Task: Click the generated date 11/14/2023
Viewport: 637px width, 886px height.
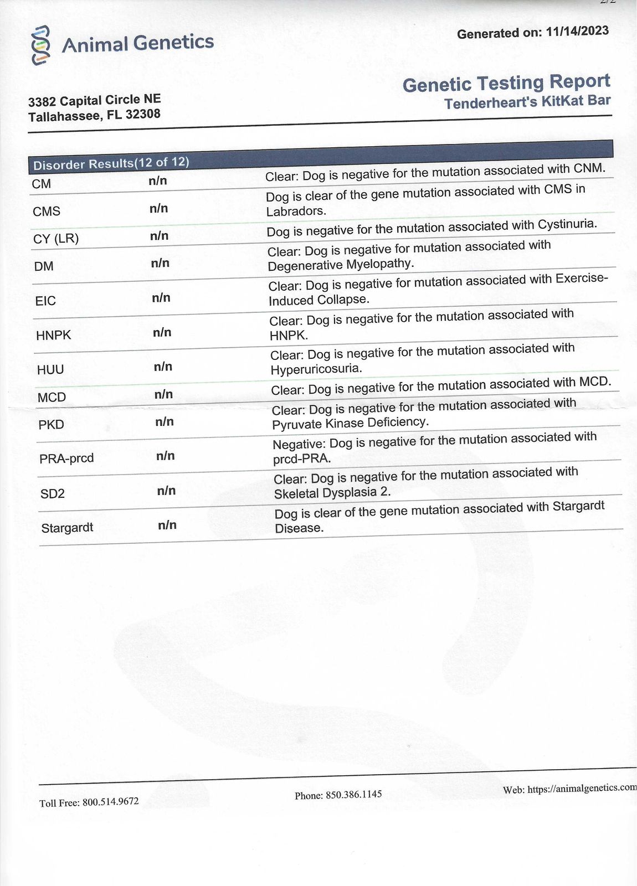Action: tap(577, 31)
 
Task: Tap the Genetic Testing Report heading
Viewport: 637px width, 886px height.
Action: tap(506, 83)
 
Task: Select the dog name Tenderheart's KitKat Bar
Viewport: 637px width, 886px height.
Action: tap(527, 102)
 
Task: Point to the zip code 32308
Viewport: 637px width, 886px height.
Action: tap(143, 115)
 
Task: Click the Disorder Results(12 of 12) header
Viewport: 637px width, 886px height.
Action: tap(111, 163)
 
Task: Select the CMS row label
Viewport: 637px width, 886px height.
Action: tap(47, 212)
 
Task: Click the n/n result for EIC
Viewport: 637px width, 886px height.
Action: tap(161, 298)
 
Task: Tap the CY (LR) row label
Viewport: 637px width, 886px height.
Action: tap(56, 239)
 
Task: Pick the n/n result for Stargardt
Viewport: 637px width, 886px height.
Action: tap(167, 525)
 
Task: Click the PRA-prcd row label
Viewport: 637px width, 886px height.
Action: tap(66, 459)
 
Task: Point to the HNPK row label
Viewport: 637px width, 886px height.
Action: tap(53, 335)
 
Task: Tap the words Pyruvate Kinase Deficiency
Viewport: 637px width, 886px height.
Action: tap(350, 423)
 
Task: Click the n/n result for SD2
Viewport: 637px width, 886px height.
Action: tap(166, 491)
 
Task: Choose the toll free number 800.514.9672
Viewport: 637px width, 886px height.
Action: tap(111, 801)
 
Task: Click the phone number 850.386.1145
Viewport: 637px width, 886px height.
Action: tap(353, 795)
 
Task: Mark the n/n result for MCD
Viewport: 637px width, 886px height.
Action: tap(163, 394)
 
